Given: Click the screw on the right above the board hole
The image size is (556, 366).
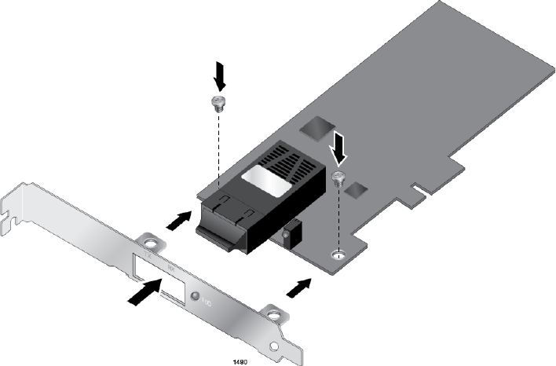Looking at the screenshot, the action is click(x=339, y=177).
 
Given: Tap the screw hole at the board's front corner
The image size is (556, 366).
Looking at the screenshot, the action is click(x=338, y=254).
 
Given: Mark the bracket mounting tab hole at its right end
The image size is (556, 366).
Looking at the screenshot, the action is click(x=273, y=314).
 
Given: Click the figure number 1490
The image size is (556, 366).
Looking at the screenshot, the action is click(x=242, y=361).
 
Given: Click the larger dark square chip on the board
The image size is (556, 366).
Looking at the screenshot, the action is click(x=317, y=127).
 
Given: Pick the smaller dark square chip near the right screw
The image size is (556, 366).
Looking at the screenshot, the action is click(x=355, y=189).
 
